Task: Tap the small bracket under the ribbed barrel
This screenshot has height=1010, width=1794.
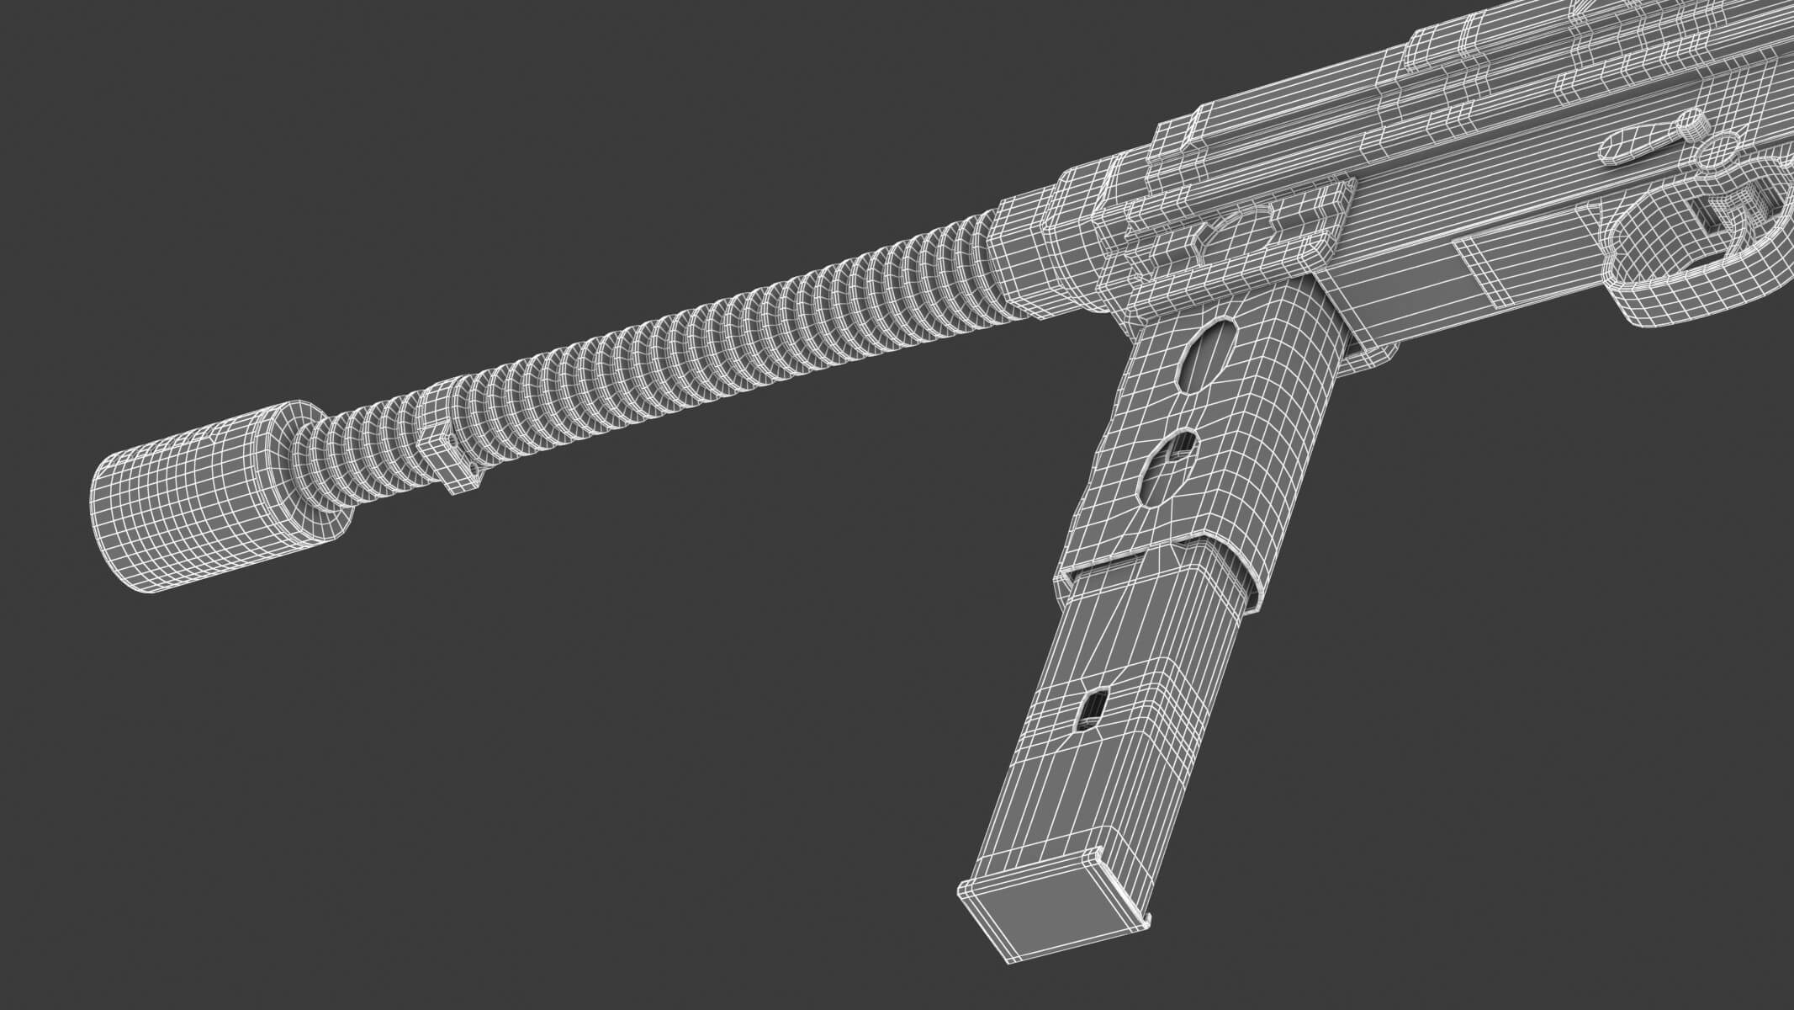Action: pos(454,454)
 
